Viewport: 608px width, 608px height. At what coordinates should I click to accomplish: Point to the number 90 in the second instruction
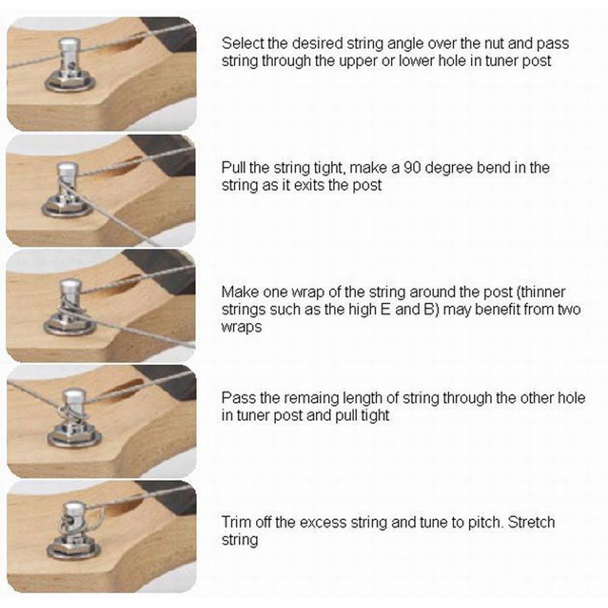click(413, 168)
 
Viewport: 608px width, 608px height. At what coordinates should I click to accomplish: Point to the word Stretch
click(531, 522)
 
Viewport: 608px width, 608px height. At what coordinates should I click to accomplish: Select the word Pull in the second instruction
click(233, 168)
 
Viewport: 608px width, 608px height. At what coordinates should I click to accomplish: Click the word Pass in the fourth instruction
click(238, 398)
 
